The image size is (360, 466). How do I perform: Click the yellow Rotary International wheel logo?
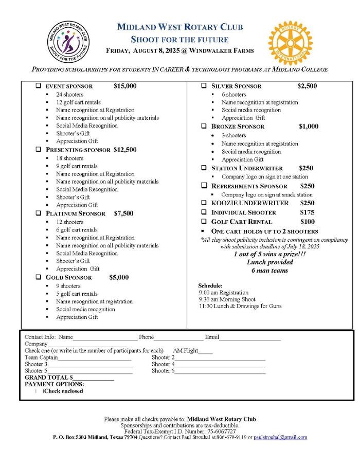(290, 43)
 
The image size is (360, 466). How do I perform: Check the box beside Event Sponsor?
(39, 86)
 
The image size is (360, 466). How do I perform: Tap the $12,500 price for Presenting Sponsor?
(125, 150)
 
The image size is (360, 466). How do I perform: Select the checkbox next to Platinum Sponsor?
(39, 213)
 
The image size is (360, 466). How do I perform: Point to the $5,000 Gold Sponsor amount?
(119, 277)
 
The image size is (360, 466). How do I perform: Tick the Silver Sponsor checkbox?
(204, 86)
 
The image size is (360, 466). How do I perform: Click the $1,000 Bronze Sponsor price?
(309, 126)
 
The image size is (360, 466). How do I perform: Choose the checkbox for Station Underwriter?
(204, 168)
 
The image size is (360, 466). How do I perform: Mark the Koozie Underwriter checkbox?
(204, 203)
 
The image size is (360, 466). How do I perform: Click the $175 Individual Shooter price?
(307, 212)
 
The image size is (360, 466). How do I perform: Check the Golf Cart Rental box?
(204, 221)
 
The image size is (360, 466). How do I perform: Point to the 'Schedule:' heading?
(210, 285)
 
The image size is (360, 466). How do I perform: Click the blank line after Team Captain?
(95, 357)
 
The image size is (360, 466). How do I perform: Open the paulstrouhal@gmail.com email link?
(280, 437)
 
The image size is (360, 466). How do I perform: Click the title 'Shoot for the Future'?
(179, 39)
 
